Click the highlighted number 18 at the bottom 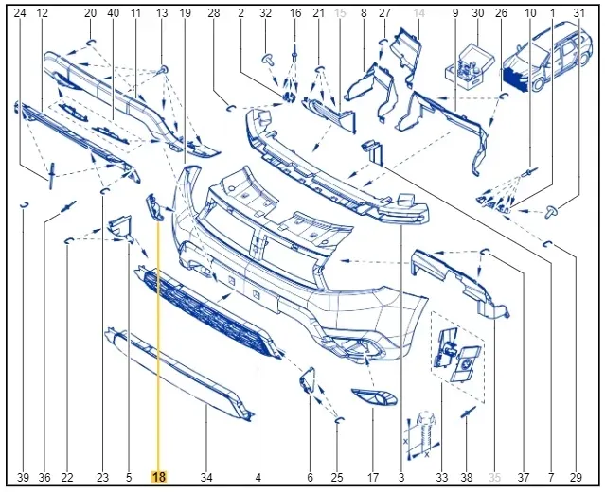pyautogui.click(x=159, y=478)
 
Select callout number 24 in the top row pyautogui.click(x=20, y=12)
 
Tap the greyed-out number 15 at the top pyautogui.click(x=340, y=12)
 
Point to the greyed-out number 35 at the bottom pyautogui.click(x=494, y=478)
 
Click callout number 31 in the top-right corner pyautogui.click(x=578, y=12)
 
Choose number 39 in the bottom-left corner pyautogui.click(x=23, y=478)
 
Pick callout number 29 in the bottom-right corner pyautogui.click(x=576, y=478)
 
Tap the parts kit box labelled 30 pyautogui.click(x=470, y=66)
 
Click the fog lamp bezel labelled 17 pyautogui.click(x=374, y=397)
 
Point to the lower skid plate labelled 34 pyautogui.click(x=179, y=373)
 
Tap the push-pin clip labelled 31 pyautogui.click(x=553, y=212)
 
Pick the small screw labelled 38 pyautogui.click(x=469, y=413)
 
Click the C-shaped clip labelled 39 pyautogui.click(x=24, y=204)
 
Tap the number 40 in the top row pyautogui.click(x=113, y=12)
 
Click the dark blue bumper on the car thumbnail pyautogui.click(x=515, y=79)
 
